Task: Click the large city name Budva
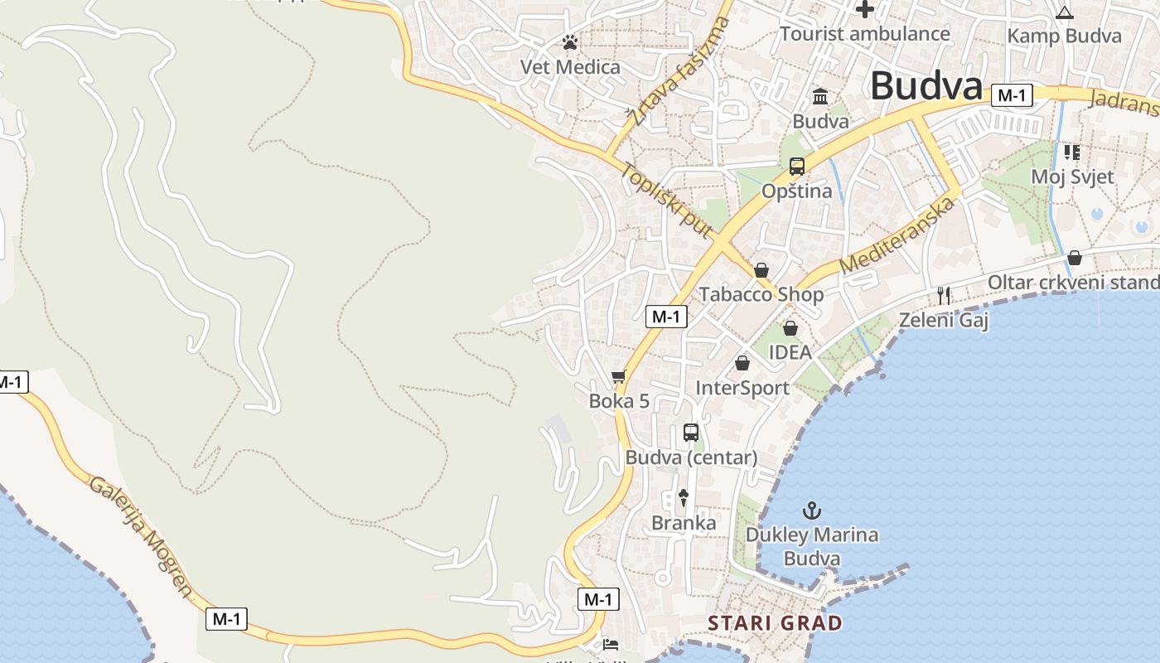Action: point(926,85)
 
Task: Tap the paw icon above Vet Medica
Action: point(569,42)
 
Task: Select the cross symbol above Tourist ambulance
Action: point(865,10)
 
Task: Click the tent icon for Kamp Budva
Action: point(1065,12)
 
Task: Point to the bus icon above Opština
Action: point(797,167)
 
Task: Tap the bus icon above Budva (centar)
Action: point(691,432)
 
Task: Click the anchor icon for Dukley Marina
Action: point(812,511)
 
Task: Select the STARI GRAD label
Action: point(775,623)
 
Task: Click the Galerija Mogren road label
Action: point(141,536)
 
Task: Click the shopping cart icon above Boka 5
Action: point(618,378)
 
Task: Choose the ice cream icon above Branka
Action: point(684,497)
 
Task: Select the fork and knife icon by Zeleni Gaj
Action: point(943,295)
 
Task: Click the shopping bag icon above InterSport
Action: point(742,363)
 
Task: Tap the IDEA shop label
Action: point(790,352)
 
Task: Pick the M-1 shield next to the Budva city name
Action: point(1012,95)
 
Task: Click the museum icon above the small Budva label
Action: point(820,97)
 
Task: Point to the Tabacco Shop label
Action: point(761,294)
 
